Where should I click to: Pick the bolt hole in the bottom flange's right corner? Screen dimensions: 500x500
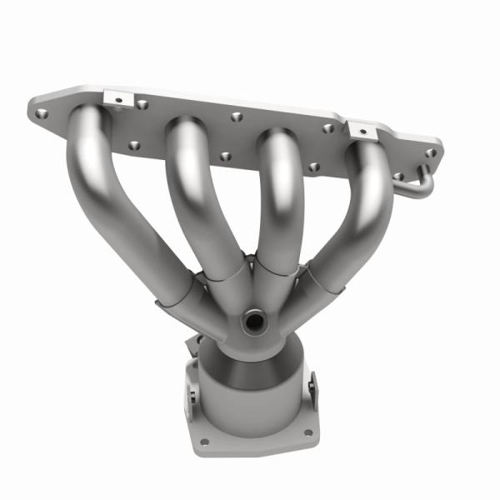[308, 432]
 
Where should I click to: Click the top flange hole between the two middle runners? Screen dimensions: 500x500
[237, 116]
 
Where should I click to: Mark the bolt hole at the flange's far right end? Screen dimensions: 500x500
[430, 153]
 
